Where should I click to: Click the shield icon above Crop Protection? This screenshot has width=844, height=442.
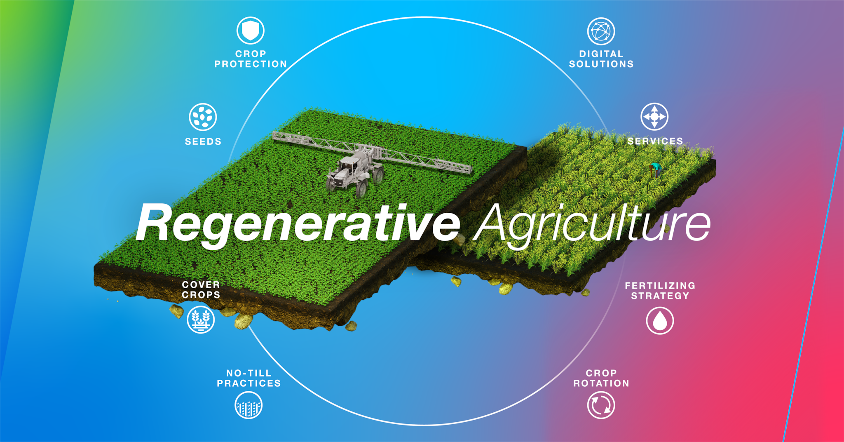point(250,31)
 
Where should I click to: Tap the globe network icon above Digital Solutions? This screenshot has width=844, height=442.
point(601,31)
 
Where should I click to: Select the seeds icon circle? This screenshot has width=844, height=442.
point(203,117)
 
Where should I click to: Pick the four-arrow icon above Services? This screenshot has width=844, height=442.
point(654,117)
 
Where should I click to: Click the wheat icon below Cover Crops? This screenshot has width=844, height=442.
point(201,320)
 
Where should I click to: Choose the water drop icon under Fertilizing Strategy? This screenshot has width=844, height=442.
point(660,320)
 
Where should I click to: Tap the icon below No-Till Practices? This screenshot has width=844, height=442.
point(249,405)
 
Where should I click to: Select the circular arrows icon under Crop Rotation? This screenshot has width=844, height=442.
point(601,405)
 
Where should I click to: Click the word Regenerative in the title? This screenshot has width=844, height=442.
point(298,225)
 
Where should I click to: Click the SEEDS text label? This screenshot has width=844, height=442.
point(203,141)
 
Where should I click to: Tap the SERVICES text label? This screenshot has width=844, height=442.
point(655,141)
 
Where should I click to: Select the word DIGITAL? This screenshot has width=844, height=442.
point(601,54)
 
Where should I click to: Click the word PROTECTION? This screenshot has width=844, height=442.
point(251,64)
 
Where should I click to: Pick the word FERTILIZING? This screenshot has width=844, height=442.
point(660,286)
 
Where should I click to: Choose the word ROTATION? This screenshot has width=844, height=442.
point(601,383)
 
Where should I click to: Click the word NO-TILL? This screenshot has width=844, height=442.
point(249,373)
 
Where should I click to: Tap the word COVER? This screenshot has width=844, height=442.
point(201,284)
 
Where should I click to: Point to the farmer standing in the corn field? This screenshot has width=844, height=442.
point(655,170)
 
